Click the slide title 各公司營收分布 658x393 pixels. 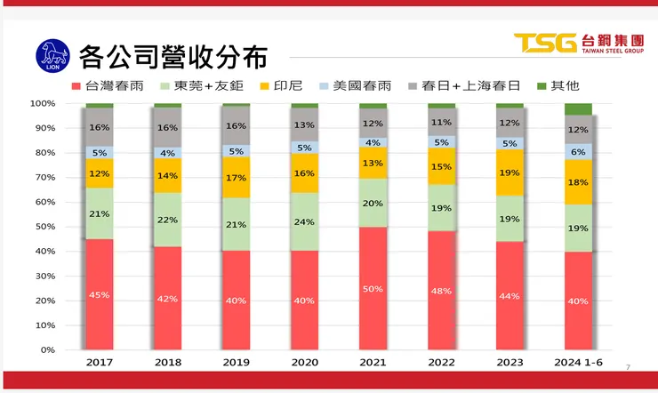tap(173, 56)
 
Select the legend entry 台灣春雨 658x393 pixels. tap(112, 86)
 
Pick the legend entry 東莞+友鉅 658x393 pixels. tap(200, 86)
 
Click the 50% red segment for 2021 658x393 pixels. tap(373, 288)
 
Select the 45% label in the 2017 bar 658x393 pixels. tap(99, 295)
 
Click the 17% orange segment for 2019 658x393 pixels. tap(236, 177)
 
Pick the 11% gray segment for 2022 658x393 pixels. tap(441, 123)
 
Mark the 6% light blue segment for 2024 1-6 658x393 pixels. tap(578, 151)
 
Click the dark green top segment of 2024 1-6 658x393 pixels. tap(578, 109)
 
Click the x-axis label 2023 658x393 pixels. tap(510, 363)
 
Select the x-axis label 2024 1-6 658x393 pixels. tap(578, 363)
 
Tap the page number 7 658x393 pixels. tap(628, 367)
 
